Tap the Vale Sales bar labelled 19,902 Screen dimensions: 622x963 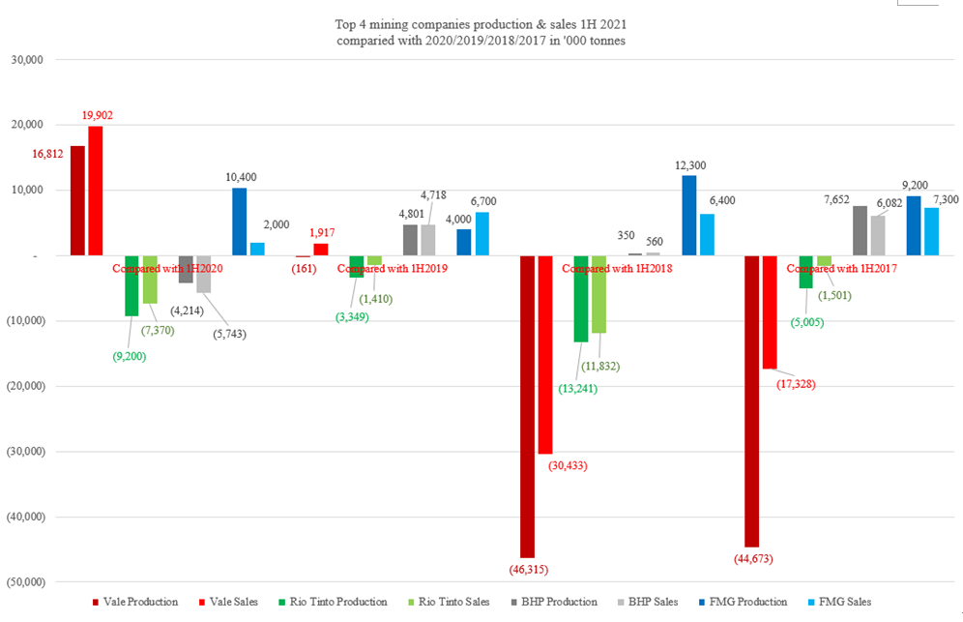pyautogui.click(x=96, y=191)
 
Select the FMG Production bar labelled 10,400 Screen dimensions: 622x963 pyautogui.click(x=239, y=222)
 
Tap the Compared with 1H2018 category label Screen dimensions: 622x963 pyautogui.click(x=617, y=269)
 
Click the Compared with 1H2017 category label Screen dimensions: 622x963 pyautogui.click(x=840, y=269)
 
